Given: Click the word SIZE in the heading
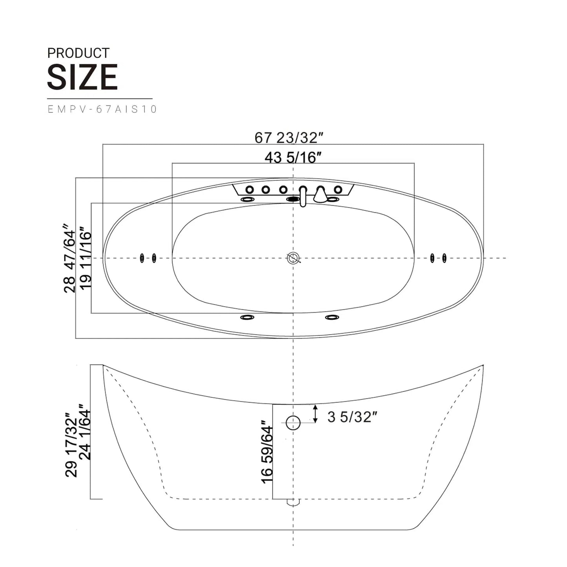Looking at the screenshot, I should [x=82, y=77].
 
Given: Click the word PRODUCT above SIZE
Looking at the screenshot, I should [x=78, y=53].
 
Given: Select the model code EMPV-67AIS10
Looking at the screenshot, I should [x=102, y=109].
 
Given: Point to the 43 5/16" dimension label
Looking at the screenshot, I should [x=293, y=157].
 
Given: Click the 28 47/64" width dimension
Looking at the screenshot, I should [x=69, y=258].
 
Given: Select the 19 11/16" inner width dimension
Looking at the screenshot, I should [x=85, y=258].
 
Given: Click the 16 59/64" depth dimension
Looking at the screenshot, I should [x=267, y=452].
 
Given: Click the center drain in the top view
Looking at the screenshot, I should [x=293, y=258].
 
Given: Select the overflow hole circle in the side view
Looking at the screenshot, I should [x=293, y=423].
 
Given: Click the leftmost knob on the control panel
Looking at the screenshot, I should [x=250, y=190].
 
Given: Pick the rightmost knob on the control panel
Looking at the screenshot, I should [x=338, y=190].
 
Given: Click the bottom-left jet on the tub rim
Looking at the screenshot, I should [x=247, y=317].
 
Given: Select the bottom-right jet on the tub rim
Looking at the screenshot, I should [x=332, y=317].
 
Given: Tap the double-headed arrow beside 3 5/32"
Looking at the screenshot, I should [x=315, y=414].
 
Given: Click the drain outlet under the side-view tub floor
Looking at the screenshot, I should [x=293, y=502].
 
